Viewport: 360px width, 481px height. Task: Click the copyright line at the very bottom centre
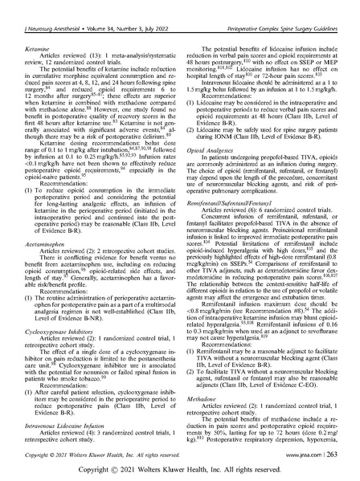(x=179, y=467)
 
